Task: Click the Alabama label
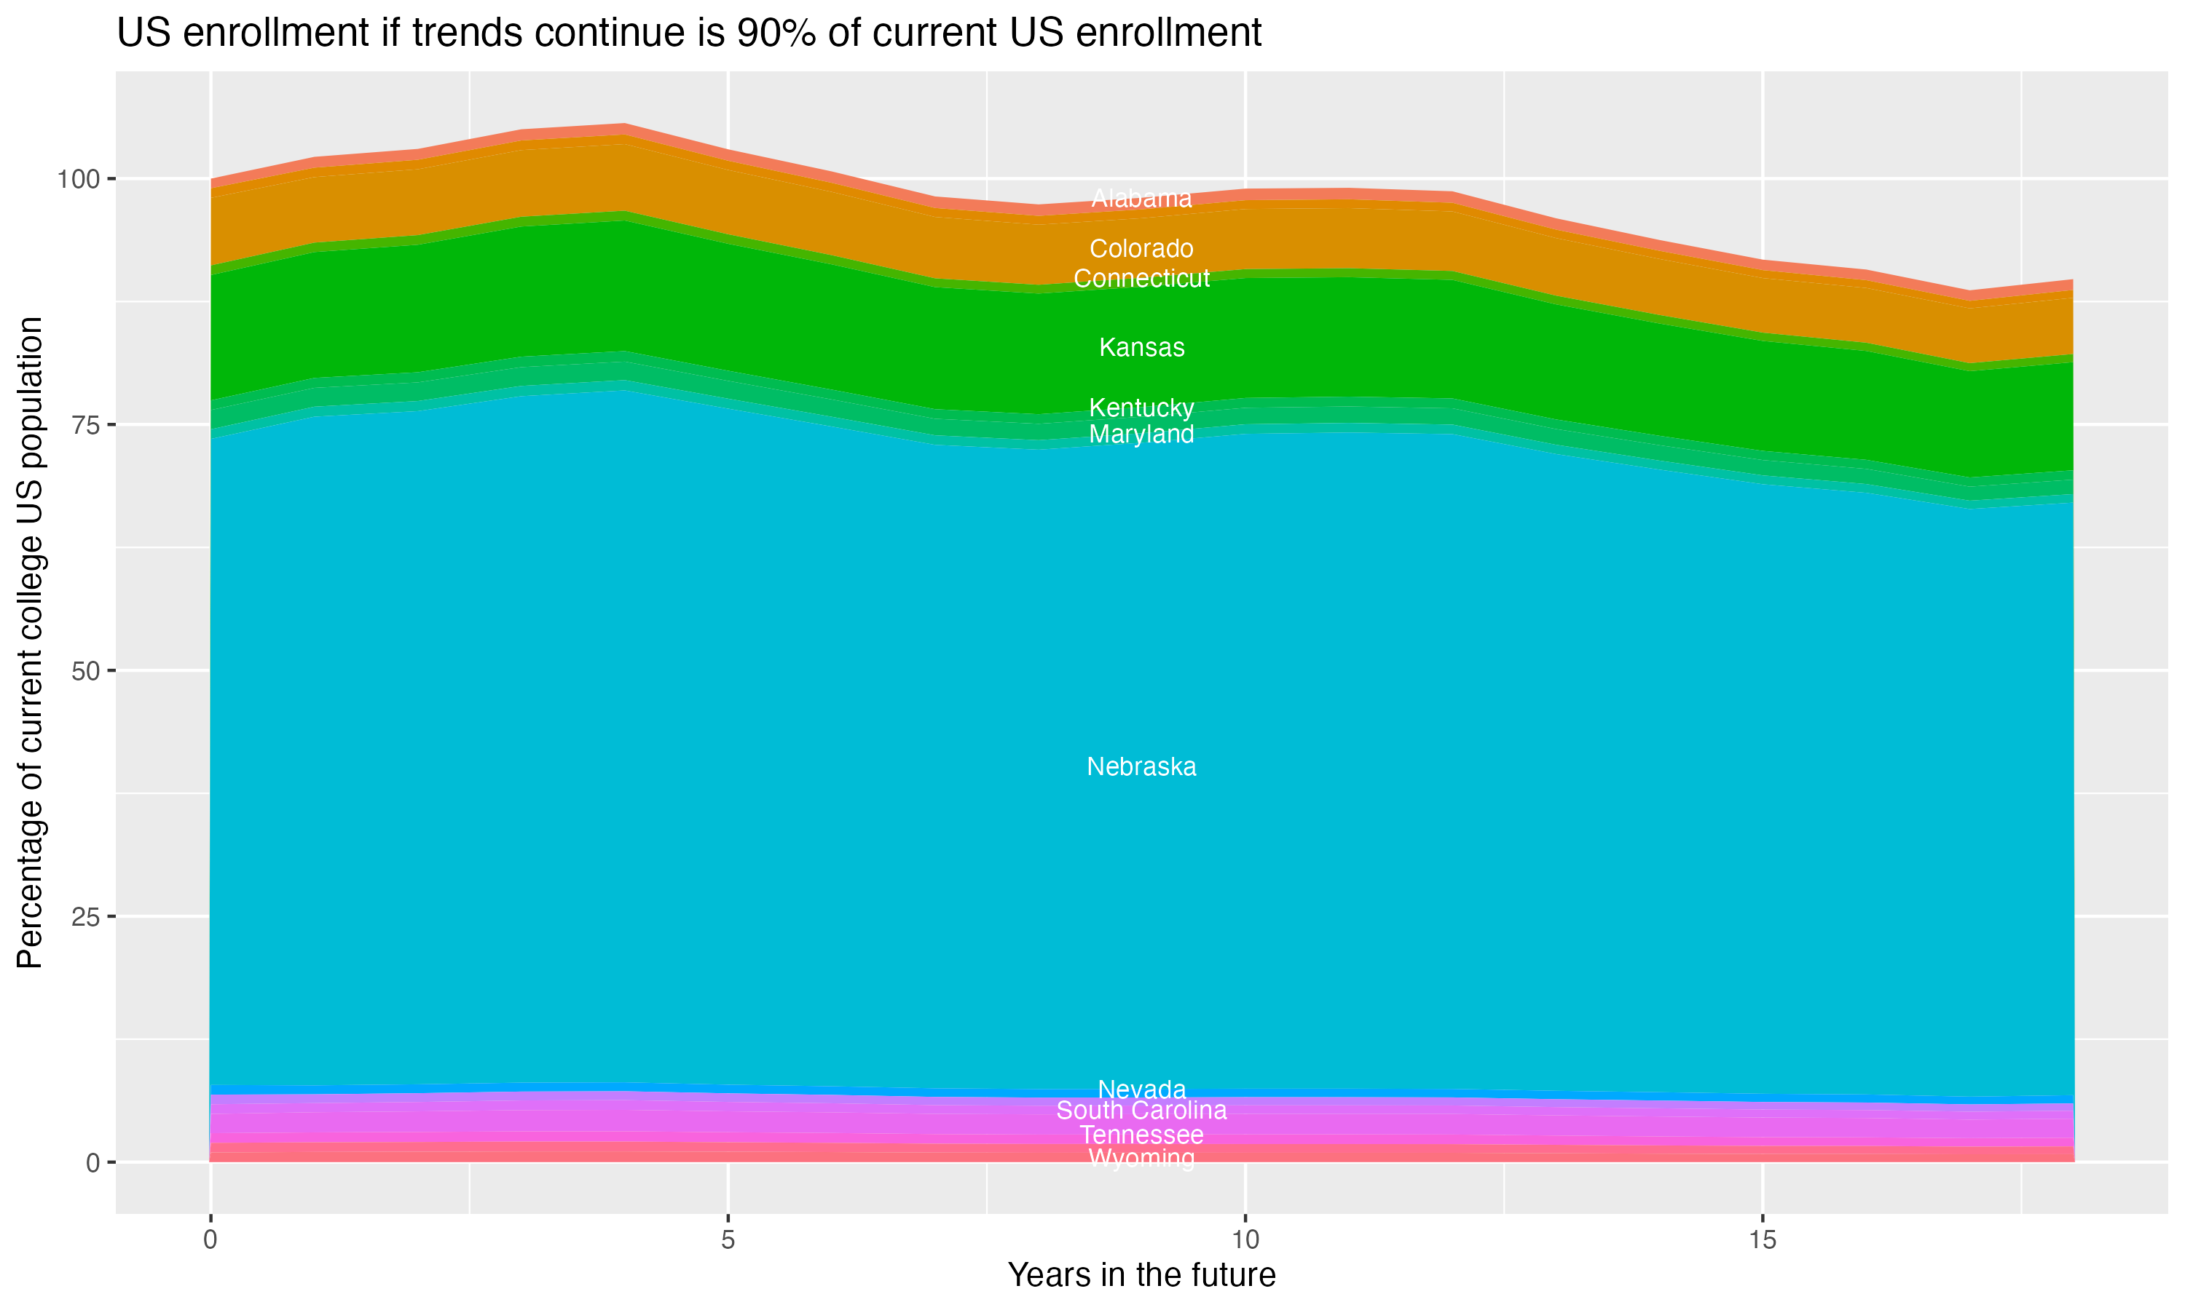click(1141, 199)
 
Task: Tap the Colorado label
click(1141, 249)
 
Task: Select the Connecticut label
click(1141, 279)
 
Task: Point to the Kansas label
click(1141, 348)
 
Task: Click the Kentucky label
click(1141, 408)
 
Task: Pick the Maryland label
click(1141, 434)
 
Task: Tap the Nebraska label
click(1141, 767)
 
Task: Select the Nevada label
click(1141, 1089)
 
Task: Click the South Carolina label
click(1141, 1111)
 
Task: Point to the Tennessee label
click(1141, 1135)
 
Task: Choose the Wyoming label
click(1141, 1158)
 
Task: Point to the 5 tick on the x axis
click(728, 1240)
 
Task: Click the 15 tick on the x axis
click(1762, 1240)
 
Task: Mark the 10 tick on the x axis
click(1245, 1240)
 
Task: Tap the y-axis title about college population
click(30, 643)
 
